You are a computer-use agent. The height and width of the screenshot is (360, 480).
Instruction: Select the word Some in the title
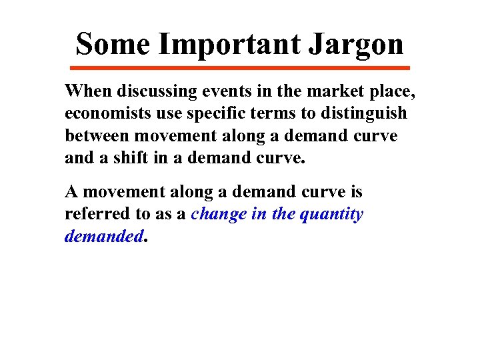pos(113,44)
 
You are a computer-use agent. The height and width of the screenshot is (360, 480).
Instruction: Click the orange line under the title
pos(240,67)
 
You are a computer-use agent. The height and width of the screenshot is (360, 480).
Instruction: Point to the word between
pos(97,136)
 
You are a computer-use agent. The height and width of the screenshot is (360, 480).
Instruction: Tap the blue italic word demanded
pos(103,237)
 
